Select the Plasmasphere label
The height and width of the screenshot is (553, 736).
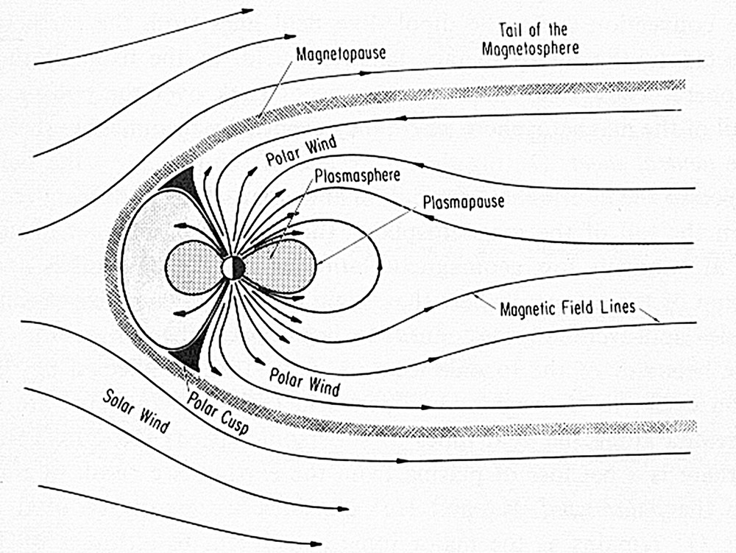pos(357,177)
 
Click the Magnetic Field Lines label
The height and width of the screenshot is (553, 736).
pos(567,307)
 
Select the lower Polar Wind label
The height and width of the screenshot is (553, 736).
pos(303,380)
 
